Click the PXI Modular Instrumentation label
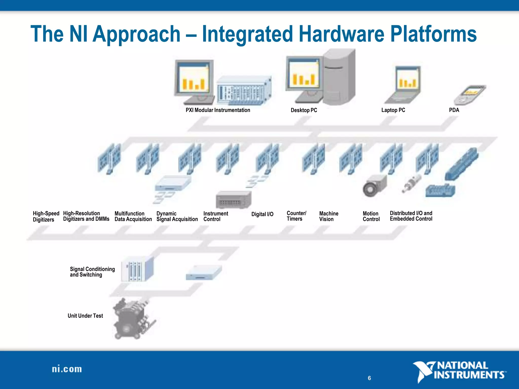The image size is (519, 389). pos(218,110)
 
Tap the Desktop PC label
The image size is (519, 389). pos(304,110)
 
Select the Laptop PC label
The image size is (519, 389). pos(393,110)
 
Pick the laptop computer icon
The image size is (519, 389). pos(404,85)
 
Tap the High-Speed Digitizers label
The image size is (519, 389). pos(46,216)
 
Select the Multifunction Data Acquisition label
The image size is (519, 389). pos(133,216)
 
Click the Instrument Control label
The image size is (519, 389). pos(215,216)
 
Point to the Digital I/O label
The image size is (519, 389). pos(262,214)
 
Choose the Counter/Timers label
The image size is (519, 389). pos(296,216)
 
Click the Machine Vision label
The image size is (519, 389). pos(328,216)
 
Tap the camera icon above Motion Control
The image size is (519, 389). pos(374,186)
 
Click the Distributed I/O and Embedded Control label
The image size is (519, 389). pos(411,216)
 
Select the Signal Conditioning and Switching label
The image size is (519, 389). pos(92,272)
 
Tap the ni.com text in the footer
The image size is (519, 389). pos(67,369)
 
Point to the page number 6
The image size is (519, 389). pos(369,378)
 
